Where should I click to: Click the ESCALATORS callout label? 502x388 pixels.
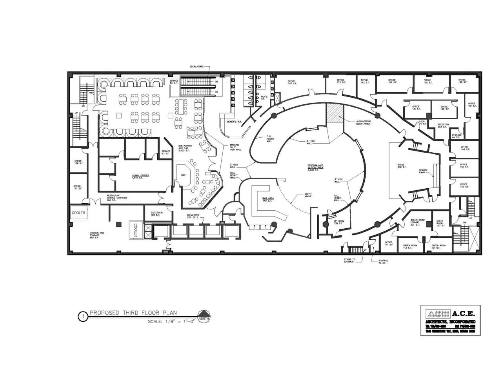(196, 67)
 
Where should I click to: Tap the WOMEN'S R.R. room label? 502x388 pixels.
(234, 122)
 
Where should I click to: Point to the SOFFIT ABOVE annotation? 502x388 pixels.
(308, 195)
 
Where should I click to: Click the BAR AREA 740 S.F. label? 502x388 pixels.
(268, 200)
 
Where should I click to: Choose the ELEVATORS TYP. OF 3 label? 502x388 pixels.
(193, 216)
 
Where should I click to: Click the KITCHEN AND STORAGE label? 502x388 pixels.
(96, 235)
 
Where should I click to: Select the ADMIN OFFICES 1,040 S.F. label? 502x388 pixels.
(141, 177)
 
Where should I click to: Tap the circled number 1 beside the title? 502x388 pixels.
(83, 317)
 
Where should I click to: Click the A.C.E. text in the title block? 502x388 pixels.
(463, 313)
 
